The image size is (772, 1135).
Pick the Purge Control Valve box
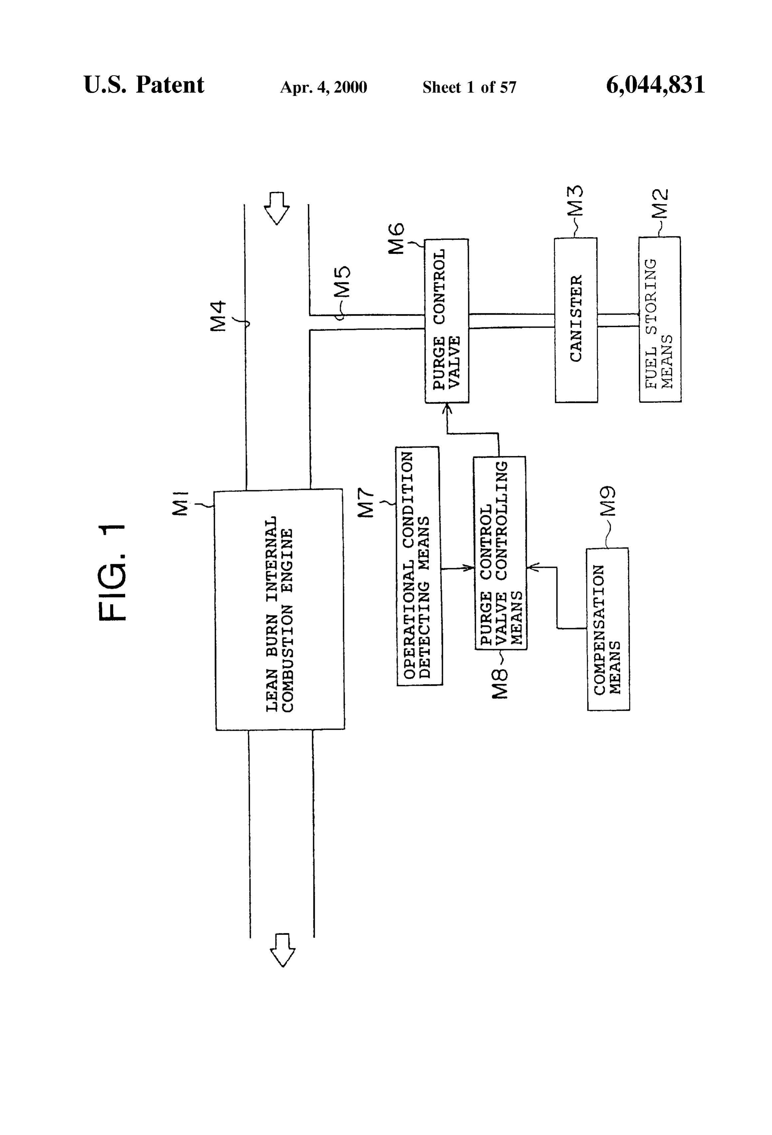coord(447,321)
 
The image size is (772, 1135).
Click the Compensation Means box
coord(608,629)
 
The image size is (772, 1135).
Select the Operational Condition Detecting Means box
coord(419,566)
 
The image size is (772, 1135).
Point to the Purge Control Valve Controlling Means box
coord(500,553)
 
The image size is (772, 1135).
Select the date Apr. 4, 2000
coord(323,87)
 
